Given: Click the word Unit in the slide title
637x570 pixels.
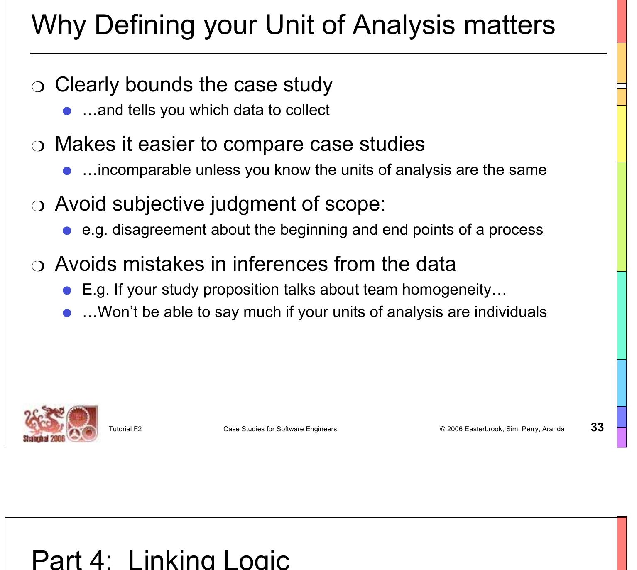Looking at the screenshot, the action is (x=289, y=25).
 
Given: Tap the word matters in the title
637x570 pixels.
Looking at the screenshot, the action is (x=509, y=25).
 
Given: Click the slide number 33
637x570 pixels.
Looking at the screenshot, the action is (x=597, y=427).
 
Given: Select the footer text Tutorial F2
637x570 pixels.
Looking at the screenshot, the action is (x=125, y=429).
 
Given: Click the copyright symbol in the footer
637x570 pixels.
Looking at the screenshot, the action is (x=442, y=429).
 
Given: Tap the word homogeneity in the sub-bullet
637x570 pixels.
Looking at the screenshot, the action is (x=446, y=290).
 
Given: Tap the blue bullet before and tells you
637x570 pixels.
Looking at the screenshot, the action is (x=67, y=111).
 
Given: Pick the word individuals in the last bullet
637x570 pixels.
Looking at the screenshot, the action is (x=510, y=312).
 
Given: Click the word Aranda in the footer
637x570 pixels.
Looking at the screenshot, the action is (x=553, y=429).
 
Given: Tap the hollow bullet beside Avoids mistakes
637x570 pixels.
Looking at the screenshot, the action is (x=38, y=266).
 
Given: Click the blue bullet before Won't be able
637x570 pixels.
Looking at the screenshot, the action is (x=67, y=313).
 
